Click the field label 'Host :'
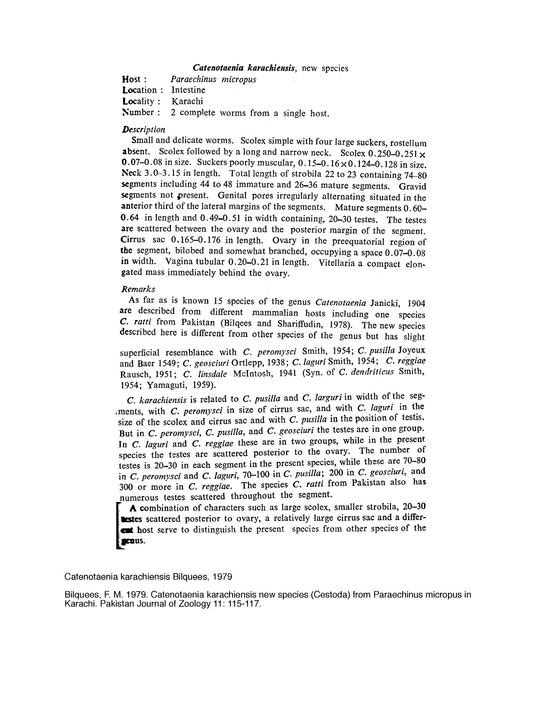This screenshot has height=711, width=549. pos(134,79)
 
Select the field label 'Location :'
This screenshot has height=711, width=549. pos(143,90)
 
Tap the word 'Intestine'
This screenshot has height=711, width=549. pos(188,90)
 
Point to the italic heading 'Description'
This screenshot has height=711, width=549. pos(143,129)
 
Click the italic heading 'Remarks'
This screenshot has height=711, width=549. pos(138,289)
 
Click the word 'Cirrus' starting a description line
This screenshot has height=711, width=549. pos(134,240)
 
